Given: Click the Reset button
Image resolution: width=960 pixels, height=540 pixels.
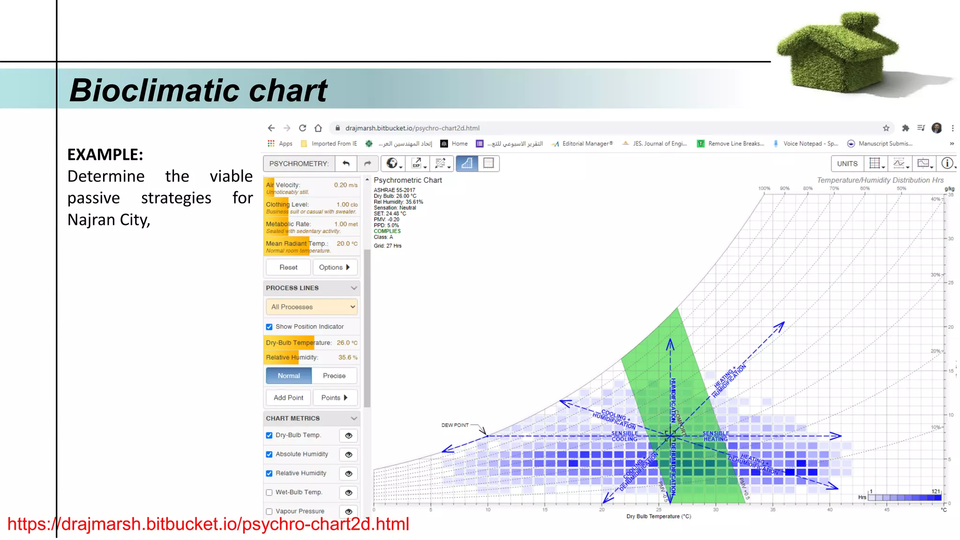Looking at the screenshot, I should tap(288, 267).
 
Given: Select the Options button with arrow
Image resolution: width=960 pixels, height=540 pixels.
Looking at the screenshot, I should tap(335, 267).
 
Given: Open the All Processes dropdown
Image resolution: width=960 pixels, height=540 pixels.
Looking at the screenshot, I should tap(312, 307).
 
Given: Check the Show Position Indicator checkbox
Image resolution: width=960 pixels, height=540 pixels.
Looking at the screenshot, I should tap(270, 327).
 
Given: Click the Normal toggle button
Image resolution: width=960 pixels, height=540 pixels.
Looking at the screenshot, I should tap(289, 376).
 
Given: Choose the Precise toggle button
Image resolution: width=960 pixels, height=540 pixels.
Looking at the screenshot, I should tap(334, 376).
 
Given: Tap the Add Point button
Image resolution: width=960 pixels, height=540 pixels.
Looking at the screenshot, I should tap(288, 397).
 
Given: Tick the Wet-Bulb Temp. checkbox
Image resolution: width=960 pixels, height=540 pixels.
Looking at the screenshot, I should tap(270, 492).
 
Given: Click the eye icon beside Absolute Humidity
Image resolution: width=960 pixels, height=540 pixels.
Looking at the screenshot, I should tap(349, 454).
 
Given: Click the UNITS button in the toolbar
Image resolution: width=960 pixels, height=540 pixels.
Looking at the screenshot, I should tap(847, 164).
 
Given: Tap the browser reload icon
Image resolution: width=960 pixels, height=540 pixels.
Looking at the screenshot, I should tap(303, 128).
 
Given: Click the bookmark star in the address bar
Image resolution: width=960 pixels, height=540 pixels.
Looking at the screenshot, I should tap(886, 128).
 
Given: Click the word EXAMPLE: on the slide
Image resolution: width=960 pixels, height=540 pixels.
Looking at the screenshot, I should tap(105, 155).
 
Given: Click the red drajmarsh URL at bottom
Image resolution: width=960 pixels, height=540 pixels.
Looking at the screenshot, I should tap(208, 524).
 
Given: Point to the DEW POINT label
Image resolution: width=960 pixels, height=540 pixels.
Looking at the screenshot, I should tap(455, 425).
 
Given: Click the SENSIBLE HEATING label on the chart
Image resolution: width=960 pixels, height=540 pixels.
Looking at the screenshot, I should tap(716, 436).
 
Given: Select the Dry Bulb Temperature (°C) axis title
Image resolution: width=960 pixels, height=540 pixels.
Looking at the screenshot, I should tap(659, 516).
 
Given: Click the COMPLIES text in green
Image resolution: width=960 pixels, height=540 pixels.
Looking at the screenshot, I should tap(387, 231).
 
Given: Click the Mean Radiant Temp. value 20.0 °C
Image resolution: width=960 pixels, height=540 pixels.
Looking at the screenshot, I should tap(347, 243).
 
